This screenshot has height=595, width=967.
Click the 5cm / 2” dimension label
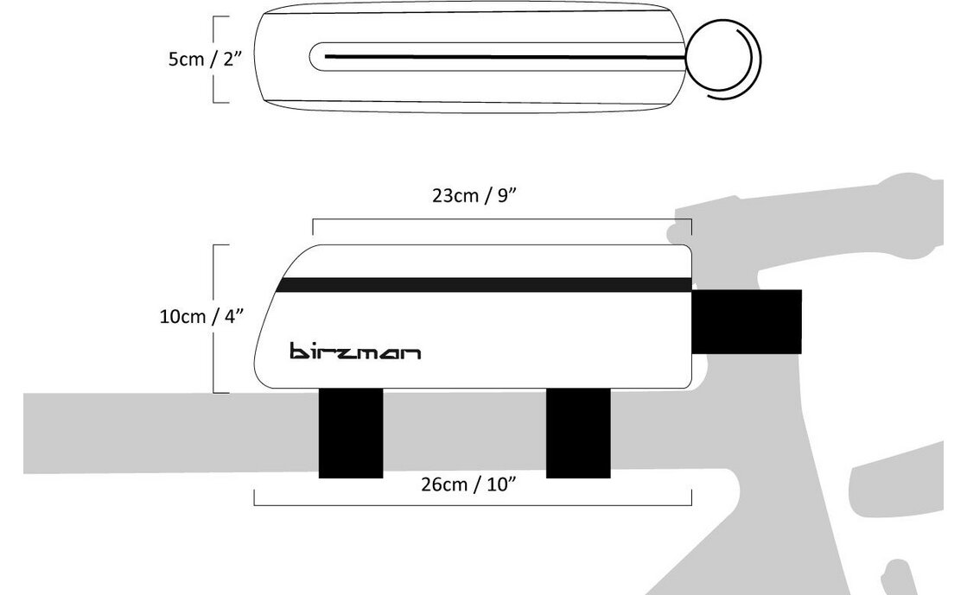(x=205, y=60)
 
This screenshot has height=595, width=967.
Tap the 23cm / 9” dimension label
(x=474, y=195)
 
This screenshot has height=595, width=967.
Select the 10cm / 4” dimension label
(x=201, y=316)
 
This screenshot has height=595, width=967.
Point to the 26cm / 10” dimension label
(x=468, y=484)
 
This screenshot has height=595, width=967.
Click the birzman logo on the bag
(x=355, y=351)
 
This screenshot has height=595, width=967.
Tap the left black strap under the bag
(x=350, y=433)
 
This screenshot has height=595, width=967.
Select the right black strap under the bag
(x=578, y=433)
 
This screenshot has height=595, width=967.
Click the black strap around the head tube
(x=747, y=322)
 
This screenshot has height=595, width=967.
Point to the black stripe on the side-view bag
(x=486, y=285)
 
